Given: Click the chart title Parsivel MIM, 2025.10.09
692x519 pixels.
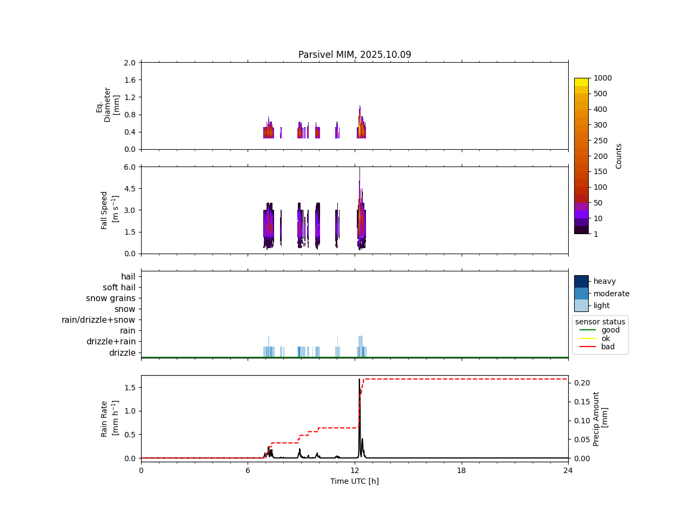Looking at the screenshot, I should [x=355, y=55].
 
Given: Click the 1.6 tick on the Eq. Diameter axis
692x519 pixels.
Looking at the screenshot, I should [x=130, y=80].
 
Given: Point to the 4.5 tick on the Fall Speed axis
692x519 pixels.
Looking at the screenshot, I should [x=130, y=189].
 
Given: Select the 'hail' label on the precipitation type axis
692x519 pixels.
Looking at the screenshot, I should [x=128, y=277].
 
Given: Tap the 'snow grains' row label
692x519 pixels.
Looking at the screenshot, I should [x=111, y=298].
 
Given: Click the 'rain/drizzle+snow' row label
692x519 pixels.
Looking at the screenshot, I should [x=98, y=320].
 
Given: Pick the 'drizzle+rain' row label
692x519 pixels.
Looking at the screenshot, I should [x=111, y=342].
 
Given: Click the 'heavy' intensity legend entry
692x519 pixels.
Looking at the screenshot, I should [x=604, y=281].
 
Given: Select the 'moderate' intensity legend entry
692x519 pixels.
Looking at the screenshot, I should [x=611, y=294].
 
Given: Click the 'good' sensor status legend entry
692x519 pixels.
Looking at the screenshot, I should [x=610, y=330].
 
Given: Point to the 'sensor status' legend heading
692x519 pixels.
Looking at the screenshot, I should [x=600, y=322].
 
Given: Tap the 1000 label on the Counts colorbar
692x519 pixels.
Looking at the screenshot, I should [x=603, y=78].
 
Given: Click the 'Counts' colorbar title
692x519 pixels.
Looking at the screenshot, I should [x=619, y=156].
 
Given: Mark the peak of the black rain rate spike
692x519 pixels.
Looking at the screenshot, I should [x=359, y=379].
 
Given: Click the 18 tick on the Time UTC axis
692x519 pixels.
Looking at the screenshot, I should [x=462, y=470].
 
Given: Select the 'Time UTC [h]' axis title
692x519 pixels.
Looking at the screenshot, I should [x=355, y=481].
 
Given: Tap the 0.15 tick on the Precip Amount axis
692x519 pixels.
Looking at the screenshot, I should [x=582, y=402].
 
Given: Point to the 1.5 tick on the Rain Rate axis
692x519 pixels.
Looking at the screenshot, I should [x=130, y=387].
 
